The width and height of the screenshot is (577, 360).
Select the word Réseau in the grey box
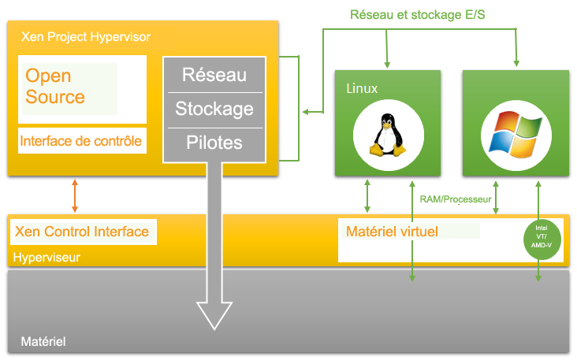[x=214, y=76]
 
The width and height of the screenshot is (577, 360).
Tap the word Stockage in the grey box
[x=214, y=109]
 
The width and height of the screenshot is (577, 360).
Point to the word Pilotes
[x=214, y=143]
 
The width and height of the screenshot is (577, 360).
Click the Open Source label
[x=55, y=87]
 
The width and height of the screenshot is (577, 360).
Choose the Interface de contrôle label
[x=80, y=142]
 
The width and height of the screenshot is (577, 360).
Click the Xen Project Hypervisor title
[x=80, y=37]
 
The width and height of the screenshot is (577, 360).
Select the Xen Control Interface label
[x=82, y=232]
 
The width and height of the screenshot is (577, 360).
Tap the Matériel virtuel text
[x=392, y=232]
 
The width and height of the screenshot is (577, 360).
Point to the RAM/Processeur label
[x=456, y=200]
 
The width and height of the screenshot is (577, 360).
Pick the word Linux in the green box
[x=362, y=87]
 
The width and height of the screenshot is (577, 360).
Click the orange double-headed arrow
[x=75, y=195]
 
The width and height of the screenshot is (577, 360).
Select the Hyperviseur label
[x=47, y=258]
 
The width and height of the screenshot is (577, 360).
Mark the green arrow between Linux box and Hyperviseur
[x=368, y=195]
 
